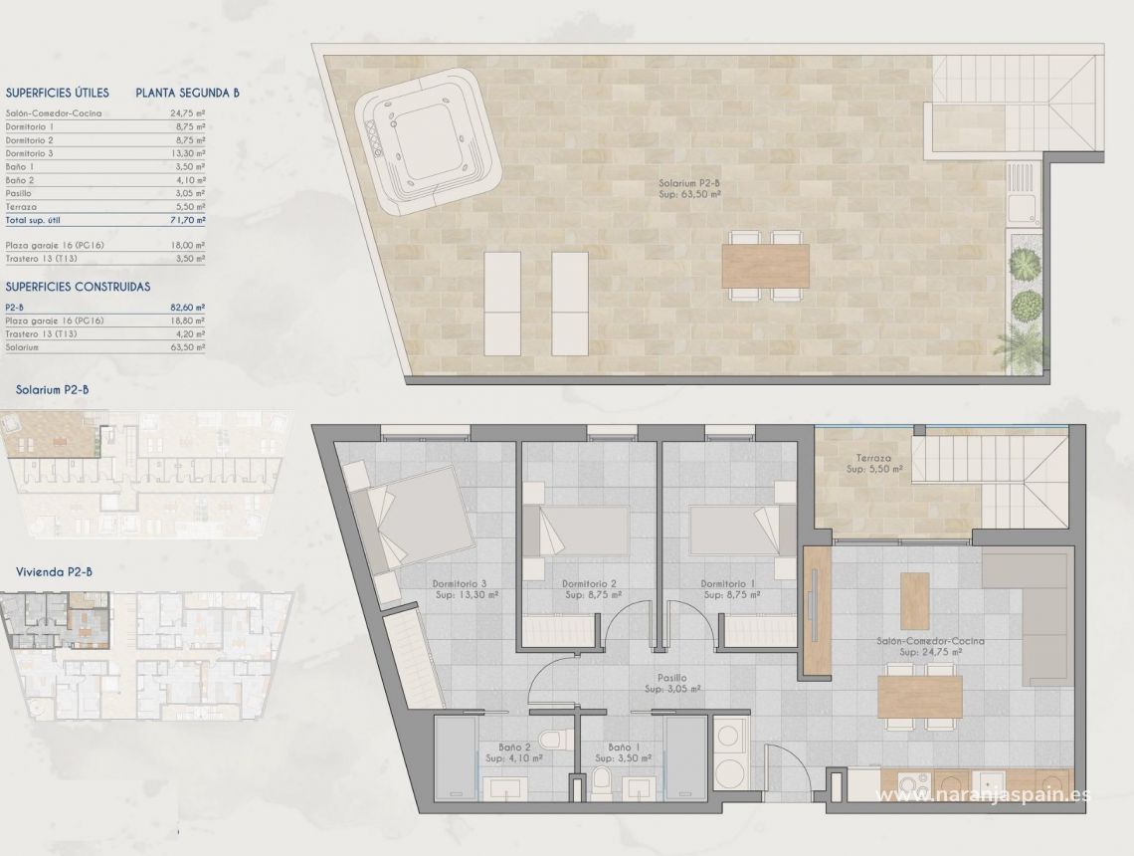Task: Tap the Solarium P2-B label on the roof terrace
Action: coord(689,189)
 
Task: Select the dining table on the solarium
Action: coord(765,266)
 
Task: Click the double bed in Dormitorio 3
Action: coord(415,519)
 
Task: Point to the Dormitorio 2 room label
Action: coord(590,589)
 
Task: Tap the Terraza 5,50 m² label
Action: coord(868,465)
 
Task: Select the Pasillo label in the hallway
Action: coord(672,683)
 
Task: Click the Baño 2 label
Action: coord(513,751)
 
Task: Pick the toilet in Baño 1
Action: coord(602,782)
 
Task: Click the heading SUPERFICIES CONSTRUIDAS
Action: coord(78,287)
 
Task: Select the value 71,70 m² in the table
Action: coord(187,219)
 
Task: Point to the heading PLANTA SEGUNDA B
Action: coord(187,93)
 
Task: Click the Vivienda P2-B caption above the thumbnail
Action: coord(55,571)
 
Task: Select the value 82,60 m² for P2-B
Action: coord(187,309)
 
